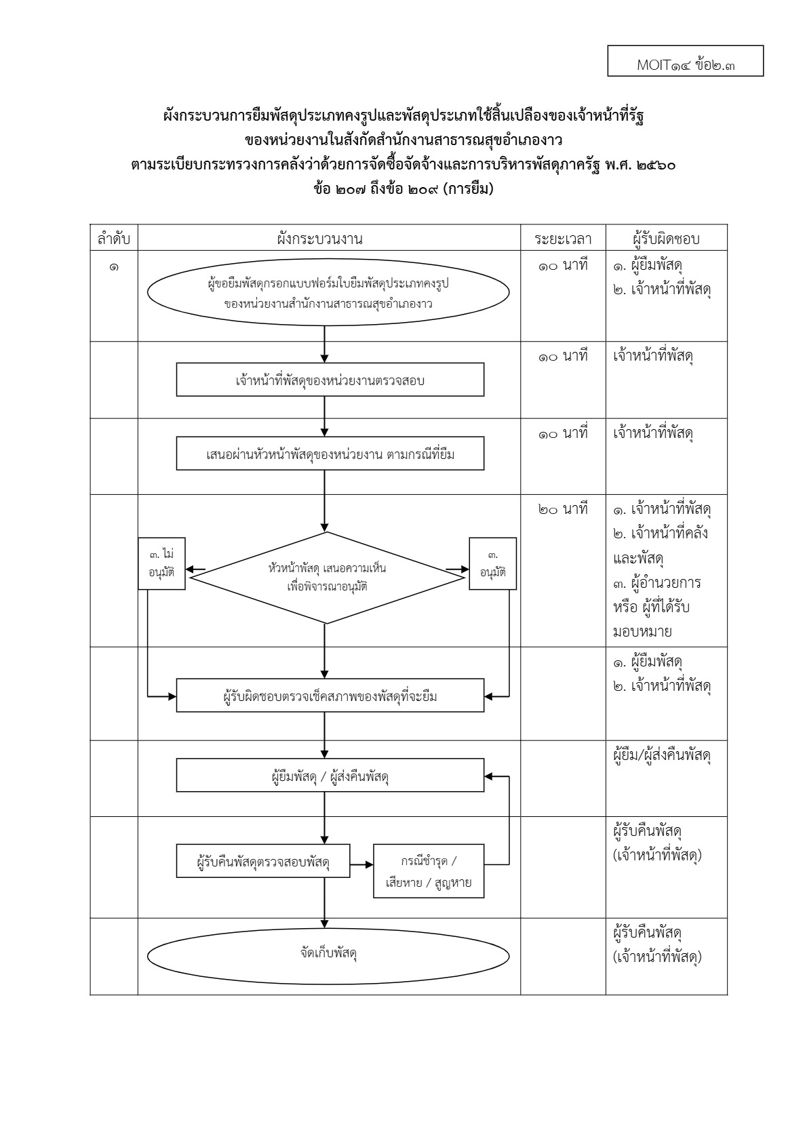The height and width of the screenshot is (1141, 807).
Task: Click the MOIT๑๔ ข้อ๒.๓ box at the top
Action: click(x=685, y=61)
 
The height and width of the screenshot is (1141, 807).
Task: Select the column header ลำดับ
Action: click(x=113, y=239)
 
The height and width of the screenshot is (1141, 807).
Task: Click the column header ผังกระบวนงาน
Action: click(x=329, y=239)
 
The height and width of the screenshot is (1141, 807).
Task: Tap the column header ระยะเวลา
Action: click(x=563, y=239)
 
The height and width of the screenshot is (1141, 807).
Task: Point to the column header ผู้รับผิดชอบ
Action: click(x=666, y=239)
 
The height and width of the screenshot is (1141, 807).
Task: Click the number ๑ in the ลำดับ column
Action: click(x=113, y=266)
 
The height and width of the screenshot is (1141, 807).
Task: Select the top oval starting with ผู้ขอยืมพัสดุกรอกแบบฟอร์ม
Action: click(x=329, y=294)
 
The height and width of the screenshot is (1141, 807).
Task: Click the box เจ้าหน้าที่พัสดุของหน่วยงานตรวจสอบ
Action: click(x=330, y=380)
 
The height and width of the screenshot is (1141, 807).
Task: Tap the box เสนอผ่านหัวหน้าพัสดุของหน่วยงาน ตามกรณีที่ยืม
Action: click(x=330, y=454)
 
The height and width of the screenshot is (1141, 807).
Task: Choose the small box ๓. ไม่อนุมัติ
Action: click(x=161, y=563)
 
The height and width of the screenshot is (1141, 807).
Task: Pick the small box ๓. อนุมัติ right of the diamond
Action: click(x=492, y=563)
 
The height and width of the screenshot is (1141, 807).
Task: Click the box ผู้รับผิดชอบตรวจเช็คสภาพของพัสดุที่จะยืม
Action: click(x=330, y=696)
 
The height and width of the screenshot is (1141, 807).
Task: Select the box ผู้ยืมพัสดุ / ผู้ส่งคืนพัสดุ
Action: click(x=330, y=776)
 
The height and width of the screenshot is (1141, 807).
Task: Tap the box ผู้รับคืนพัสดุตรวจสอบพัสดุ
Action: click(x=263, y=863)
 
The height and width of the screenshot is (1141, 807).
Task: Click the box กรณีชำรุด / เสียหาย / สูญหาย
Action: click(x=429, y=871)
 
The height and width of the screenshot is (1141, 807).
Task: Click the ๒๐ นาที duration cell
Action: click(x=563, y=508)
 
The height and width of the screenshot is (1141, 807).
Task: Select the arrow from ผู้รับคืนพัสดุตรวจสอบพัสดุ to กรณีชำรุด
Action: click(x=361, y=864)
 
